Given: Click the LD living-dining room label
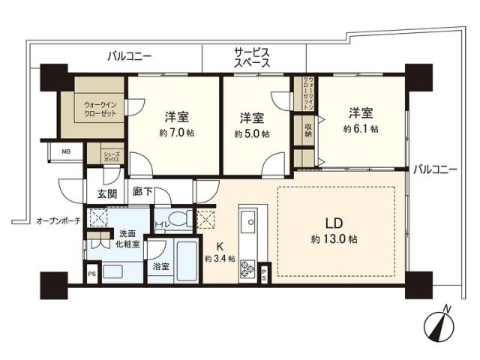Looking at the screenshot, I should pos(335,223).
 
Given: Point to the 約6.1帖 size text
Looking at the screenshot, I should pos(362,128).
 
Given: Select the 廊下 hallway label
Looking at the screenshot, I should pos(142,193).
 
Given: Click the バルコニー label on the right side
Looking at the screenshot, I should pos(434,169).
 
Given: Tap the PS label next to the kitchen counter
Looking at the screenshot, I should pos(265,274).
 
